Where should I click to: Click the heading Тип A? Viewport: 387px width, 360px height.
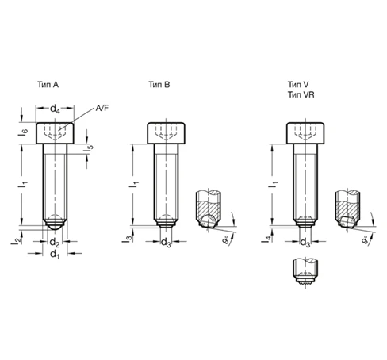pyautogui.click(x=48, y=85)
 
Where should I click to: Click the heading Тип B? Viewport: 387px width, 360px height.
pyautogui.click(x=159, y=85)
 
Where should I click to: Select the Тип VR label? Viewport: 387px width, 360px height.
pyautogui.click(x=301, y=94)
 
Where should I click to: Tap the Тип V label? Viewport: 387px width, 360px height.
pyautogui.click(x=298, y=85)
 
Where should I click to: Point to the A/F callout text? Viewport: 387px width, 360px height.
pyautogui.click(x=102, y=108)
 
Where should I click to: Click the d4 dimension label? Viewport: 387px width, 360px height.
pyautogui.click(x=55, y=109)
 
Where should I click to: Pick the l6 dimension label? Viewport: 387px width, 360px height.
pyautogui.click(x=23, y=132)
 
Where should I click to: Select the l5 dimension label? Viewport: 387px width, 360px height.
pyautogui.click(x=89, y=148)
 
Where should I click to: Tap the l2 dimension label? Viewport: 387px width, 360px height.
pyautogui.click(x=16, y=240)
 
